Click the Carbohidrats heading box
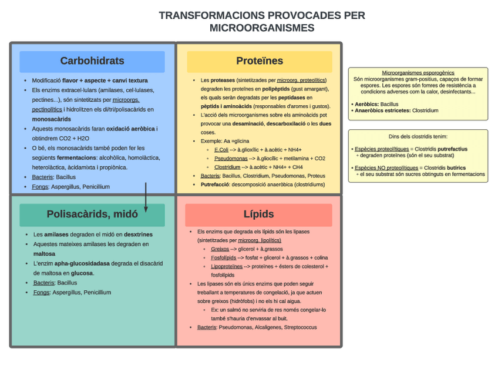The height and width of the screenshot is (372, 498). point(92,61)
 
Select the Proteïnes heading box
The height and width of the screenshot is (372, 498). point(260,61)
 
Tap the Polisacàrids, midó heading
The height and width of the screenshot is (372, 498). point(92,215)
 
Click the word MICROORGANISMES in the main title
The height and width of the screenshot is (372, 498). point(262,28)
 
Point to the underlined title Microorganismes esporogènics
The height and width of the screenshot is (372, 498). point(418,73)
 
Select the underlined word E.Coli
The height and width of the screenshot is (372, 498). point(221,150)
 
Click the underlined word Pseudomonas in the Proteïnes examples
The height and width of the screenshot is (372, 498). point(230,158)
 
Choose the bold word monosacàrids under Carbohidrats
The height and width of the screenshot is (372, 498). point(51,119)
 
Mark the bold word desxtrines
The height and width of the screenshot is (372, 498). point(138,234)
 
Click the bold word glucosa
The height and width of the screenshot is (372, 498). point(82,273)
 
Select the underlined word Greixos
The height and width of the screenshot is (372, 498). point(220,249)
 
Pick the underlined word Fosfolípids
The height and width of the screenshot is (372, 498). point(223,257)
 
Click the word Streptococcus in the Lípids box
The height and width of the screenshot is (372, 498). point(300,327)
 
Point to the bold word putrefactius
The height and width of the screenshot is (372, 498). point(452,149)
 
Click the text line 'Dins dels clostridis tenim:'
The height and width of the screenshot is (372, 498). point(418,136)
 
